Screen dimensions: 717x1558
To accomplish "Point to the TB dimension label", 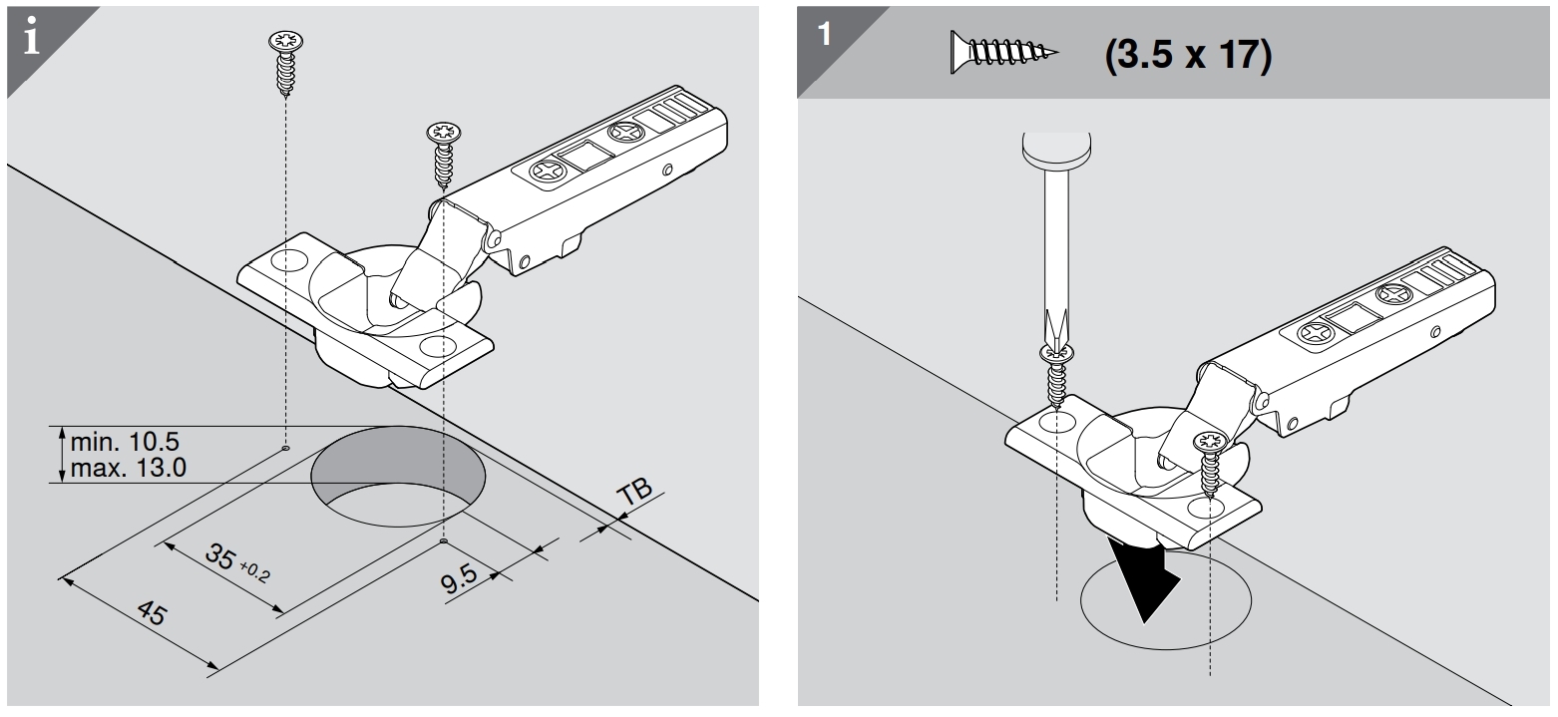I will click(x=633, y=493).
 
